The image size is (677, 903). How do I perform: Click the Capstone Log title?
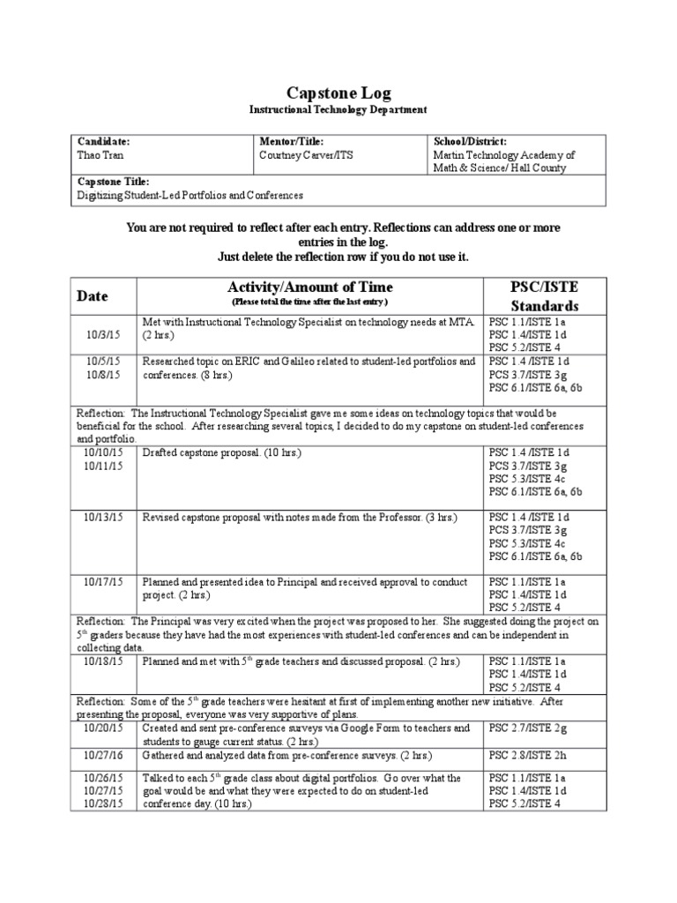tap(338, 93)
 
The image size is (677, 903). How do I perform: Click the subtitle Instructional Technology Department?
tap(338, 109)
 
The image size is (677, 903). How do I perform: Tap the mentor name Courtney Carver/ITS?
tap(305, 154)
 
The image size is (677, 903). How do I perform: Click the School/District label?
tap(469, 141)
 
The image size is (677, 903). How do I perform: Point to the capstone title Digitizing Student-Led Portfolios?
tap(190, 195)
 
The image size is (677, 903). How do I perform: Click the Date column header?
tap(93, 296)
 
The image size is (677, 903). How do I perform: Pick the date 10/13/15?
tap(104, 517)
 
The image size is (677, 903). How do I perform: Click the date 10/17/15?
tap(104, 582)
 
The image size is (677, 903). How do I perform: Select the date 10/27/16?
tap(104, 756)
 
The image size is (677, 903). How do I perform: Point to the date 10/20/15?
tap(104, 728)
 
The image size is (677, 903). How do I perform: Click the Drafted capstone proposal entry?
tap(223, 452)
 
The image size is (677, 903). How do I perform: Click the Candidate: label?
tap(104, 141)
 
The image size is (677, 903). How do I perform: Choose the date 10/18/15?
tap(104, 660)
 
